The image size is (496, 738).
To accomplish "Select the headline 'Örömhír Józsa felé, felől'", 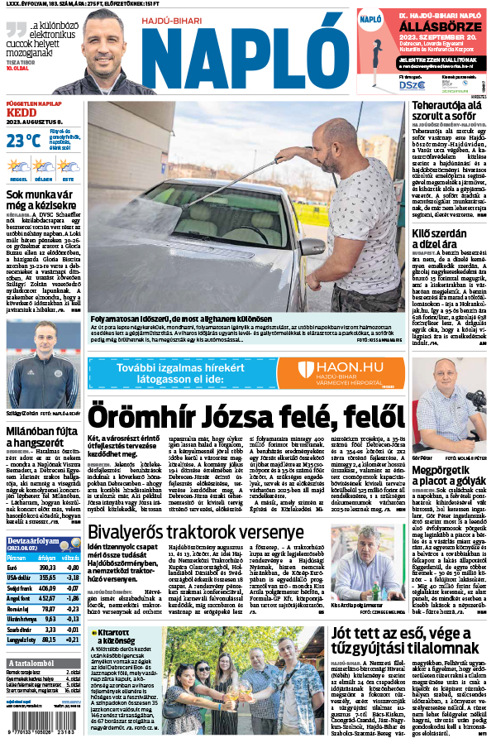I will [230, 411].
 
